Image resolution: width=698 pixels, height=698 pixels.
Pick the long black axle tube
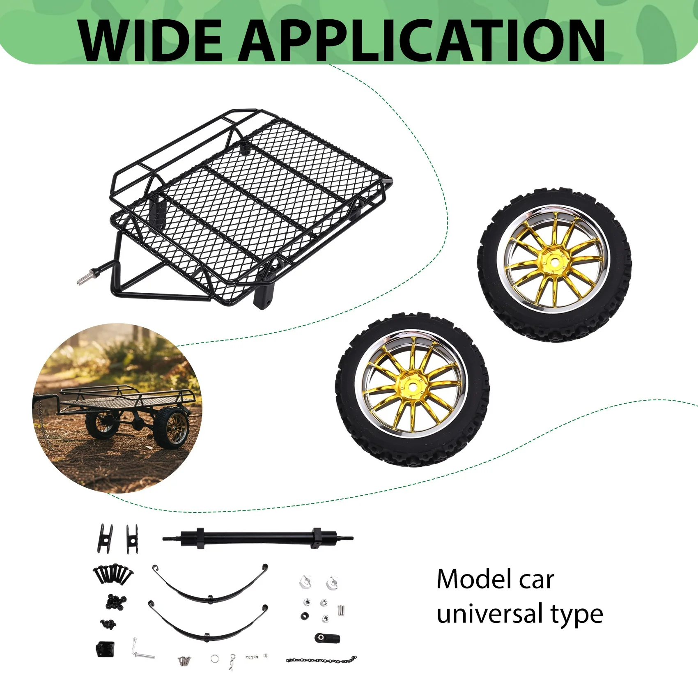click(x=258, y=537)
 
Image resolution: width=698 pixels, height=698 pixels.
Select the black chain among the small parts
click(x=321, y=660)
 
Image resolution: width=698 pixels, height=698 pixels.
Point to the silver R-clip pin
click(x=233, y=660)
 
